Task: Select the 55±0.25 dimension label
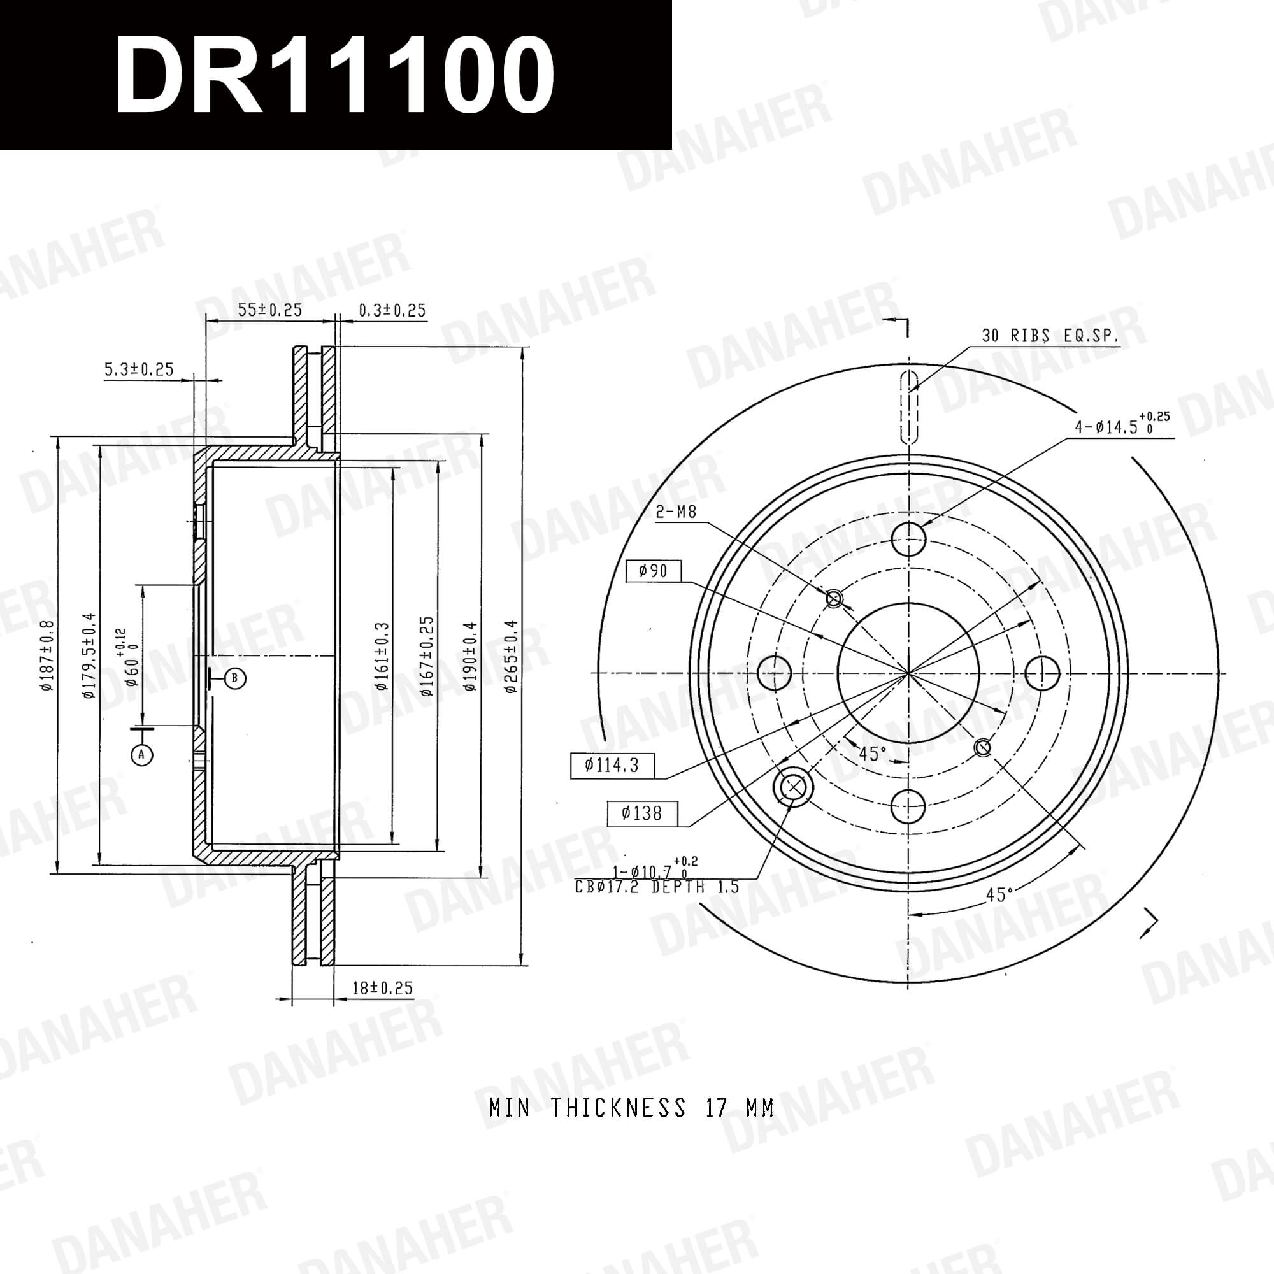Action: click(x=269, y=310)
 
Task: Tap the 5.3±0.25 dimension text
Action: click(x=139, y=369)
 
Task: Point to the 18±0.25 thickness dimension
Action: click(x=382, y=988)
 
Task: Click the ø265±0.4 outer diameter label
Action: click(x=512, y=656)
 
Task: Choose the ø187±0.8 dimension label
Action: click(x=47, y=655)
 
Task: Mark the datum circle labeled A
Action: click(x=142, y=754)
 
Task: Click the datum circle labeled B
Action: click(x=236, y=678)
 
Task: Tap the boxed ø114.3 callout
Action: click(x=612, y=766)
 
